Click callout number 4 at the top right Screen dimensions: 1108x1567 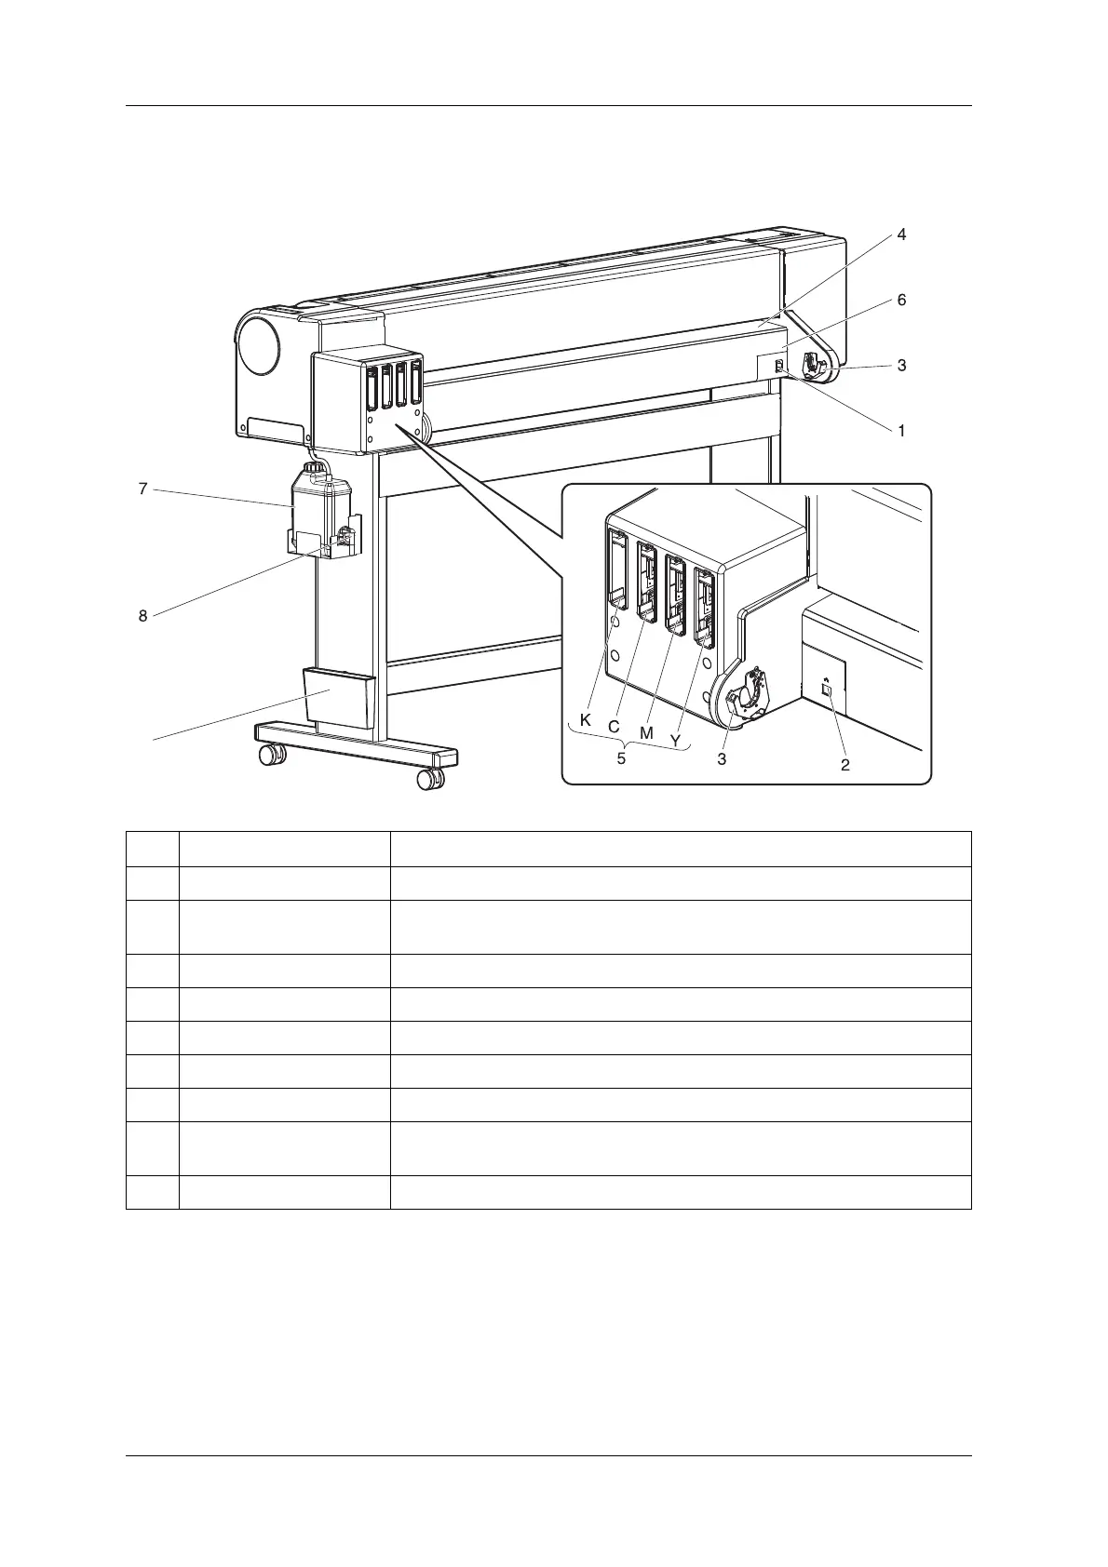click(901, 235)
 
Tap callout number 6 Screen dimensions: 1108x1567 click(901, 301)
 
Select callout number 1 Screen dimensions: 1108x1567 click(901, 431)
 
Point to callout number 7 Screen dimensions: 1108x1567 click(142, 488)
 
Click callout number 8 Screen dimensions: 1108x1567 click(142, 615)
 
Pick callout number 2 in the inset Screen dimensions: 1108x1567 click(845, 765)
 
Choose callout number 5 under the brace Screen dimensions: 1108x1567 click(621, 757)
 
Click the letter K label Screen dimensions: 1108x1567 click(585, 720)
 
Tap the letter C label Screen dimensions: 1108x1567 click(615, 726)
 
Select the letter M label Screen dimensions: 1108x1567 click(646, 732)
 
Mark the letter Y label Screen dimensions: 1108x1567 click(675, 740)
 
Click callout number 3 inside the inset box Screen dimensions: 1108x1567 click(722, 759)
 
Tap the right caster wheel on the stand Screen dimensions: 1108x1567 click(429, 778)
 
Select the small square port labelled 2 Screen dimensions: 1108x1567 click(826, 690)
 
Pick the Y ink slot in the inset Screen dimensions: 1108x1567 click(705, 609)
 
